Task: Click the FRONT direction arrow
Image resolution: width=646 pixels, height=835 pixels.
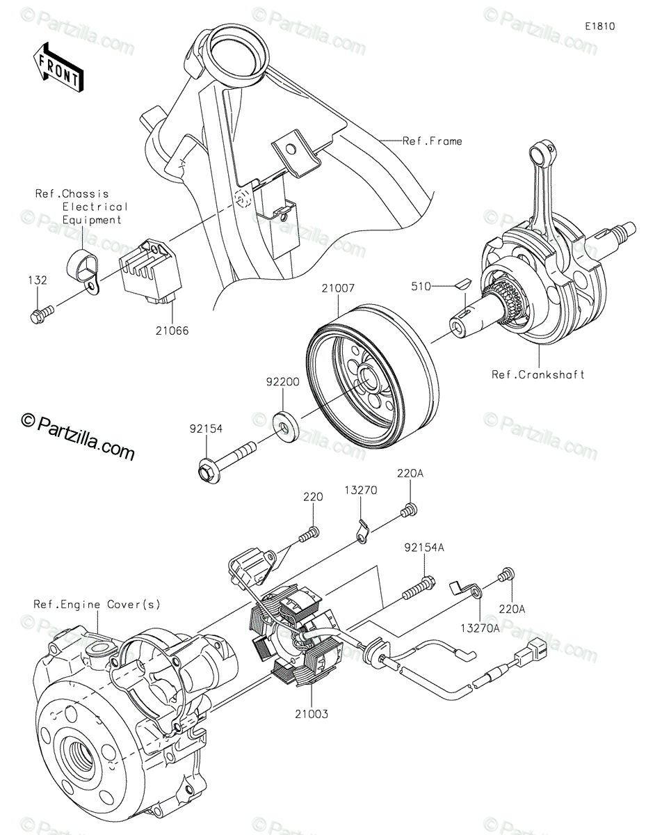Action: (58, 67)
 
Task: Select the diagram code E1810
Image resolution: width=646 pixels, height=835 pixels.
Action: (600, 26)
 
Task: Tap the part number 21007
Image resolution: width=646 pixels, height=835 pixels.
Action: (338, 288)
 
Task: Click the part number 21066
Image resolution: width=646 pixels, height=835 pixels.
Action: (172, 331)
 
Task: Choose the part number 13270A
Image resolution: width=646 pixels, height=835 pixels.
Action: (481, 628)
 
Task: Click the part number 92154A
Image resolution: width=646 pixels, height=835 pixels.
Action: (423, 547)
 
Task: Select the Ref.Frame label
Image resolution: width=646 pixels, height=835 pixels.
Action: (433, 141)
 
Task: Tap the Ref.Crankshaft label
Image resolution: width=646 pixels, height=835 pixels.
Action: (538, 374)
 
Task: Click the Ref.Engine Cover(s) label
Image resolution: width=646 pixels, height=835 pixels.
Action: (97, 604)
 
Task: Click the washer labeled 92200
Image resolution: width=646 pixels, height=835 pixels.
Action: (285, 422)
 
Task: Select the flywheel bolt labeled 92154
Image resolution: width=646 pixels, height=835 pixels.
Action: (227, 461)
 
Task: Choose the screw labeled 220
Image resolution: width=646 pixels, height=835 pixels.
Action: (309, 534)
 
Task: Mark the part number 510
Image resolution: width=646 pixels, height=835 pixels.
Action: (421, 286)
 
